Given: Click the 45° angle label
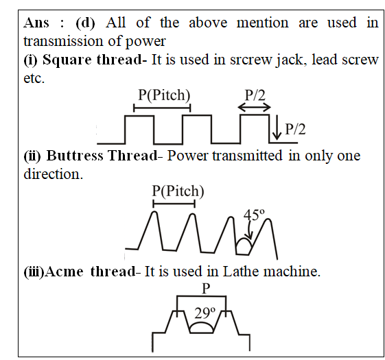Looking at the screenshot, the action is (254, 215).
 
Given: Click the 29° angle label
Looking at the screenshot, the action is (205, 313).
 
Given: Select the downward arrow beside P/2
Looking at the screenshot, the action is (277, 127).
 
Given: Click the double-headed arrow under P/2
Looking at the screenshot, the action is (255, 107).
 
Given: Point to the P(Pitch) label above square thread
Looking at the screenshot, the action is (164, 95).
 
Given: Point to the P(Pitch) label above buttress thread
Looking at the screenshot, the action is (178, 191).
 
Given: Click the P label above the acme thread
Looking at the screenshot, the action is (206, 289).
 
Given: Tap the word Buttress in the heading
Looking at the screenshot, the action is (75, 156).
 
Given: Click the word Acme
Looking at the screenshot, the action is (65, 272).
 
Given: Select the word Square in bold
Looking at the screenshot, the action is (67, 60).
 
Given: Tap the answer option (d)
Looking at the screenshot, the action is (85, 23).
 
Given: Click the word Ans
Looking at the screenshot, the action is (36, 23).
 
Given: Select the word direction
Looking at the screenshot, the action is (53, 174).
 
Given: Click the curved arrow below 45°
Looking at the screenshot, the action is (250, 230).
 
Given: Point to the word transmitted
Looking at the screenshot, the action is (247, 156).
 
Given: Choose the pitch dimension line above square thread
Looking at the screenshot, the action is (162, 108).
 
